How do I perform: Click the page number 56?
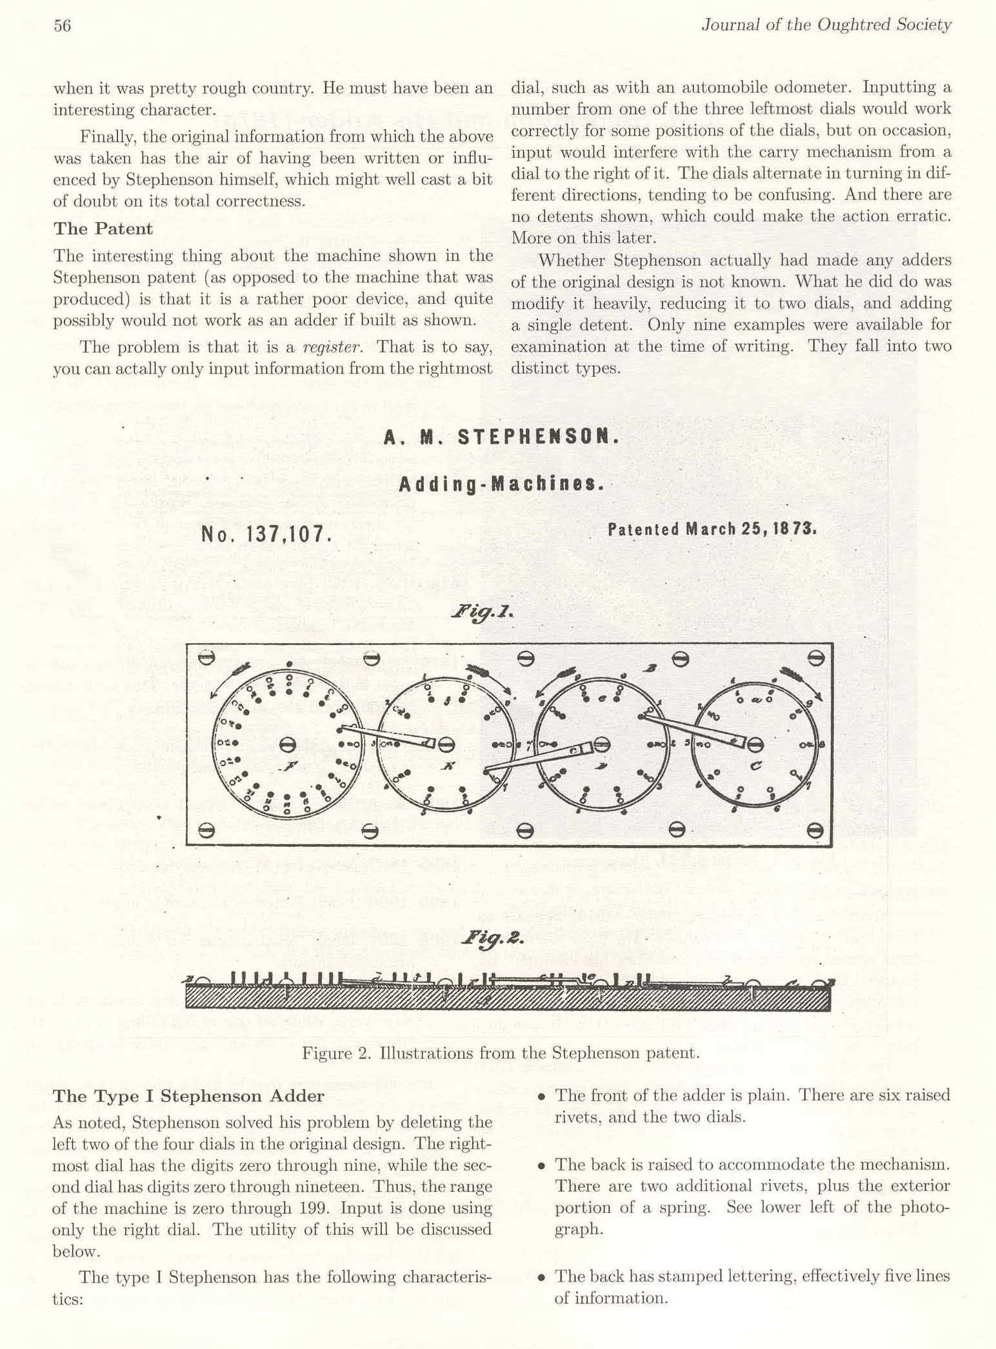62,26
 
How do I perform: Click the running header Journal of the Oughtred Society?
826,25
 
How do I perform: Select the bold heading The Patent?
103,229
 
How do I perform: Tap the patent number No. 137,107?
266,534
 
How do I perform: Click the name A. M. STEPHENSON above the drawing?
501,437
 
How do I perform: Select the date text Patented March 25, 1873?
712,530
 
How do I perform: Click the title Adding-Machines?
501,485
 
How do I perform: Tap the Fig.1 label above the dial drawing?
482,611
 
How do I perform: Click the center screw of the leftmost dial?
288,745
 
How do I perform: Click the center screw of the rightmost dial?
755,745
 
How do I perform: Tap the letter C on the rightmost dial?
755,766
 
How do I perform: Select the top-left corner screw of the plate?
206,659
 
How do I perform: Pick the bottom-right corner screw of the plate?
815,830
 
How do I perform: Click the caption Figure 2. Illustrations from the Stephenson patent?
501,1054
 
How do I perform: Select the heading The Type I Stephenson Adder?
188,1096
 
